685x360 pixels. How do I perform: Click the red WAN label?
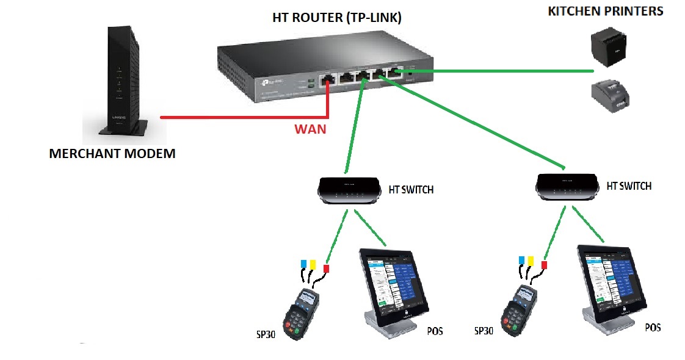(310, 129)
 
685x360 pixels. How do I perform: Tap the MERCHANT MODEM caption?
(112, 154)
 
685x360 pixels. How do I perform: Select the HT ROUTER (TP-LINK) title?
(337, 18)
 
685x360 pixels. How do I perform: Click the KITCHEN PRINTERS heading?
(606, 12)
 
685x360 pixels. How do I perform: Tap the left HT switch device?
(347, 190)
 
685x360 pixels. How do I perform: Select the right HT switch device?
(565, 185)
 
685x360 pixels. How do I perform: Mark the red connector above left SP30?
(326, 268)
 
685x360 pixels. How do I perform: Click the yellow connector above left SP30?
(313, 264)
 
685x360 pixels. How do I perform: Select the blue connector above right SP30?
(521, 261)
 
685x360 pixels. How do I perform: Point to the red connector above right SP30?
(544, 265)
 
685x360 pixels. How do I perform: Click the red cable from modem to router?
(244, 116)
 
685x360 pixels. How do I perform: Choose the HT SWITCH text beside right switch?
(628, 185)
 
